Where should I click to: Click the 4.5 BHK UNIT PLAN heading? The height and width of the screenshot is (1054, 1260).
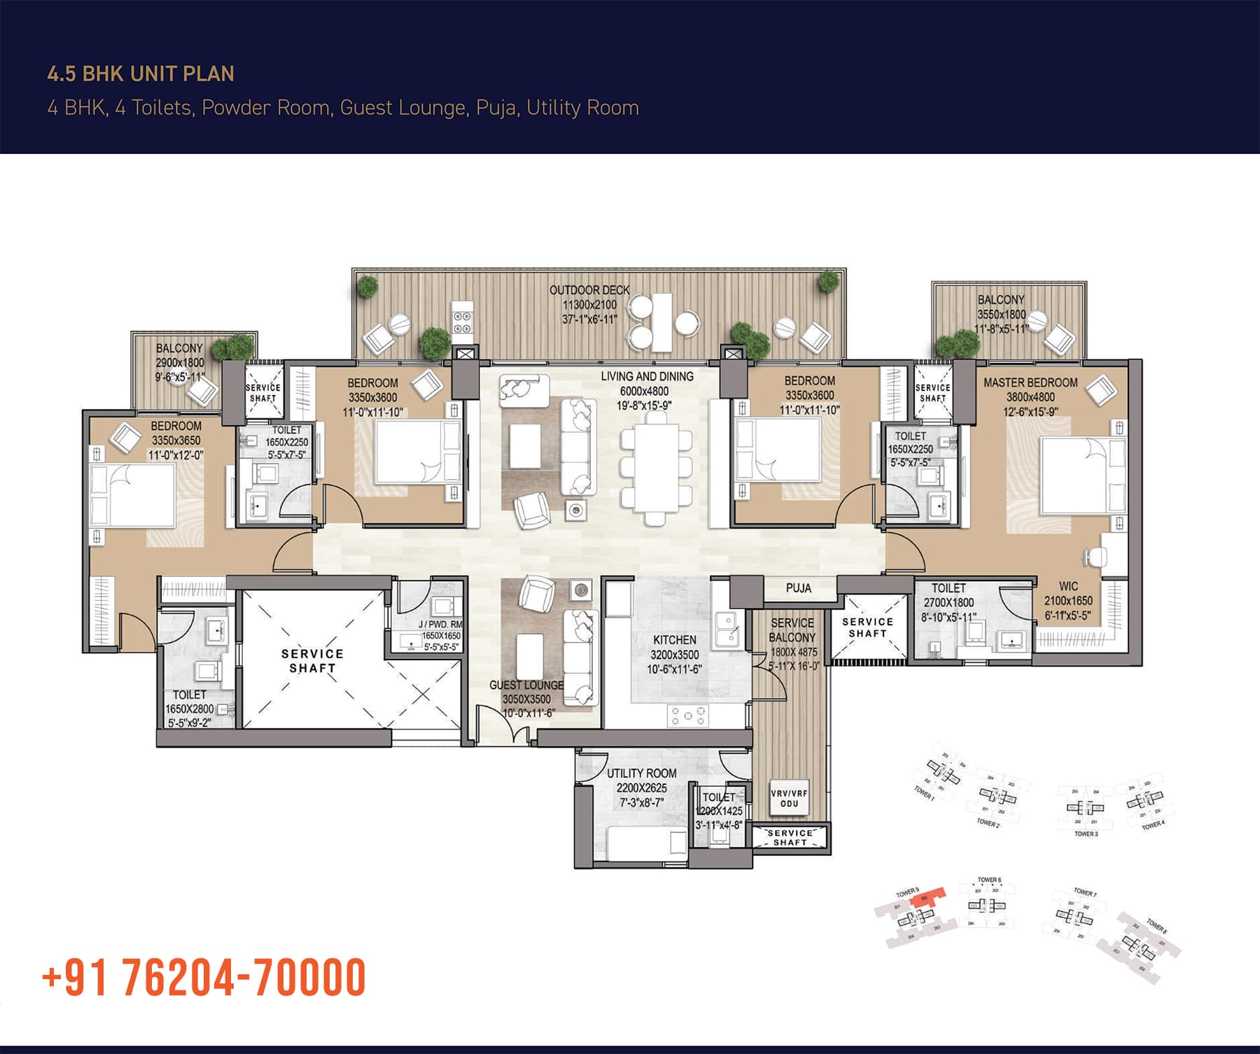click(141, 74)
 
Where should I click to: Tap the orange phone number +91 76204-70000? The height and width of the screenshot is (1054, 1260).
click(204, 977)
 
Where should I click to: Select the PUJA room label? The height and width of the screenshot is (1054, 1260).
click(798, 588)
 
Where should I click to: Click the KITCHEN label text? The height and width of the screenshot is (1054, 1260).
click(674, 640)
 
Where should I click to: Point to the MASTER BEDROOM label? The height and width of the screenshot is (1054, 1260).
click(1030, 383)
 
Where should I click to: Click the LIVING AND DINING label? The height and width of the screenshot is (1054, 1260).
click(647, 376)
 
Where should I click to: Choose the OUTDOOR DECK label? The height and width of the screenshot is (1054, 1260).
click(589, 290)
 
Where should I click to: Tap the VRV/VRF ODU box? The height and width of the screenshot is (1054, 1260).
click(789, 799)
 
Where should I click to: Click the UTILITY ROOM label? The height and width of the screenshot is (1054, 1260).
click(641, 774)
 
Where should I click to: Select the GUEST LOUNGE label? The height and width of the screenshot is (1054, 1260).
click(526, 685)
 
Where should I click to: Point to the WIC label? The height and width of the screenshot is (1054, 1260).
click(1068, 586)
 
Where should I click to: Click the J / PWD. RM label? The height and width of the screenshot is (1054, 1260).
click(440, 625)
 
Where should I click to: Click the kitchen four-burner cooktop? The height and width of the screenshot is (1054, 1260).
click(687, 715)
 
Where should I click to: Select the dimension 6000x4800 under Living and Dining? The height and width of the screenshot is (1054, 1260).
click(644, 392)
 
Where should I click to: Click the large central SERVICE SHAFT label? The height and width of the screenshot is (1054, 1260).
click(312, 661)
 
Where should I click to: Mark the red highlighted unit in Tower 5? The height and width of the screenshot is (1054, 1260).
click(932, 896)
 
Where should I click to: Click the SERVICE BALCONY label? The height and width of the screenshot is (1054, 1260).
click(792, 630)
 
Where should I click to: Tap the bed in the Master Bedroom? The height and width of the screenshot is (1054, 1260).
click(1074, 476)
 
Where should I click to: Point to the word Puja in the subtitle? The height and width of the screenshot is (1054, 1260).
click(496, 108)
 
